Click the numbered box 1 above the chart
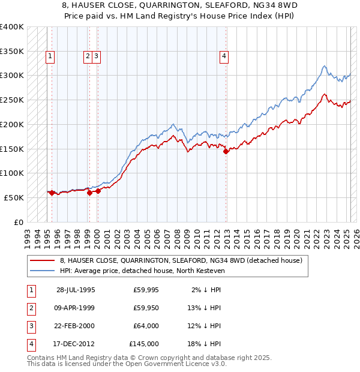[x=49, y=56]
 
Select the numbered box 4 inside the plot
[x=224, y=56]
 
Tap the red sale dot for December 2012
[x=226, y=152]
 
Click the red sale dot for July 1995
[x=52, y=193]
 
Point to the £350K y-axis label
[x=12, y=51]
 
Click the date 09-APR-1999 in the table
[x=76, y=308]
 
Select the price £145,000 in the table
[x=144, y=344]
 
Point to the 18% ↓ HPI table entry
[x=204, y=344]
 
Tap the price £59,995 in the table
[x=146, y=290]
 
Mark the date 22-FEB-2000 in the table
[x=76, y=326]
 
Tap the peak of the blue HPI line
[x=324, y=66]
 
